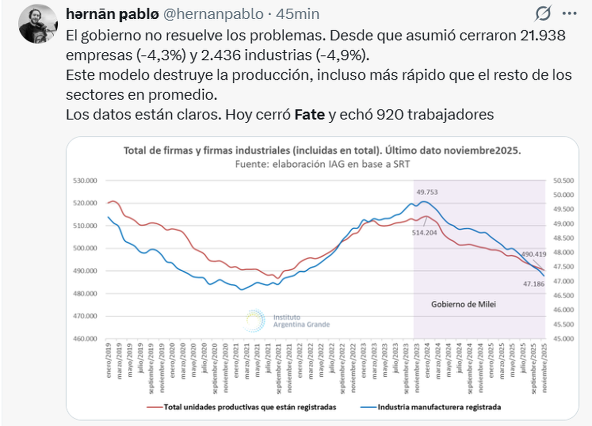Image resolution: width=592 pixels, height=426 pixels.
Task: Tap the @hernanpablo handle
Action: click(213, 14)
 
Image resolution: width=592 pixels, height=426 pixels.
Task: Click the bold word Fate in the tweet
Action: click(310, 115)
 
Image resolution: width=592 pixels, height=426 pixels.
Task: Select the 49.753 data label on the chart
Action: click(428, 192)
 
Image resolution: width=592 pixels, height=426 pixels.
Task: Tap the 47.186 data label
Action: click(533, 283)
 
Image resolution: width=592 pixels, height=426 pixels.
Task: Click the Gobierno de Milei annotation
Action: click(463, 305)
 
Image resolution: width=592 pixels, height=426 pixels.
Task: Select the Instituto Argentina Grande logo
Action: click(286, 320)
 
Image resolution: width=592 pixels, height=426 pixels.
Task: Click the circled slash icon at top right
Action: click(543, 14)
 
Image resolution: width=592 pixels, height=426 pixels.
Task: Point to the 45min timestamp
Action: click(297, 14)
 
